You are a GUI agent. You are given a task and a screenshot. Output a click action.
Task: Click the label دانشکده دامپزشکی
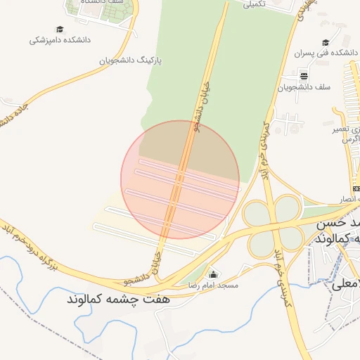(60, 41)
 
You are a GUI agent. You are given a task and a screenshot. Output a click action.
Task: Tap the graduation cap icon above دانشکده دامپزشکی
(60, 29)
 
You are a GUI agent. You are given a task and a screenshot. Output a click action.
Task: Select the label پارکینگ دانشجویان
(129, 60)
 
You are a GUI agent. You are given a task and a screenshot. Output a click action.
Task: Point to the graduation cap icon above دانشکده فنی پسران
(325, 42)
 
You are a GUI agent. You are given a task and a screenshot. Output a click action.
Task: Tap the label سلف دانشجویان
(304, 87)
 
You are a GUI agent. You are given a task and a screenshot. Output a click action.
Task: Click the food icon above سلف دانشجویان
(304, 76)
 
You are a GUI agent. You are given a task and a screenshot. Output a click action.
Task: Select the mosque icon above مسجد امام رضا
(213, 274)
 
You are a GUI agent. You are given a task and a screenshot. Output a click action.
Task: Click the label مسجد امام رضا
(213, 285)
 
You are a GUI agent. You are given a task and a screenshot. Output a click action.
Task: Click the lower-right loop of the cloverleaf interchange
(286, 242)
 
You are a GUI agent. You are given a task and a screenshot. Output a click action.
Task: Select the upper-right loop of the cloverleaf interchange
(288, 209)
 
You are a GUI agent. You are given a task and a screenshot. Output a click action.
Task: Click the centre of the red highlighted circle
(180, 179)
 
